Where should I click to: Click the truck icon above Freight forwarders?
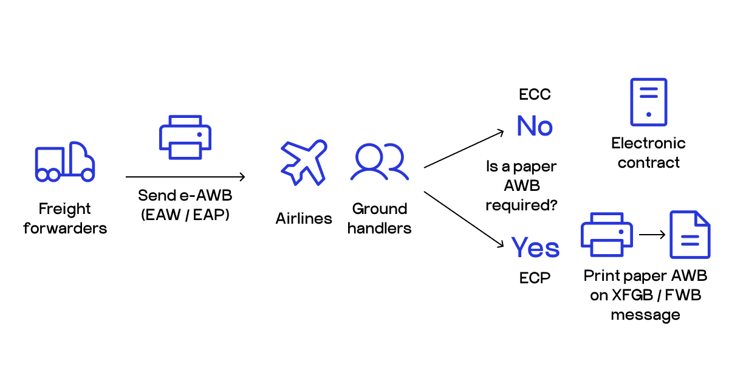click(65, 162)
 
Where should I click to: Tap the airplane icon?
click(303, 162)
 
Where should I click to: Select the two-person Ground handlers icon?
click(380, 162)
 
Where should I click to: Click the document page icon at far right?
click(690, 235)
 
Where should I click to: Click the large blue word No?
click(535, 126)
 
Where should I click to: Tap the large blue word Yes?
click(535, 247)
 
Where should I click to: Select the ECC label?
click(535, 95)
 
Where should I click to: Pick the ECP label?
click(535, 278)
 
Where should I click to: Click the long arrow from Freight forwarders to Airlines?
click(185, 177)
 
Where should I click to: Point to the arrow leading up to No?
click(464, 149)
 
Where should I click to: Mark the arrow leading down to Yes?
click(464, 219)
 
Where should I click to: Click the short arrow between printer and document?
click(651, 234)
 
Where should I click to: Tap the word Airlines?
click(304, 218)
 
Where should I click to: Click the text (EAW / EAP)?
click(184, 215)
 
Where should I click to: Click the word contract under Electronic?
click(648, 163)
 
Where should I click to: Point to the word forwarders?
click(65, 229)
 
